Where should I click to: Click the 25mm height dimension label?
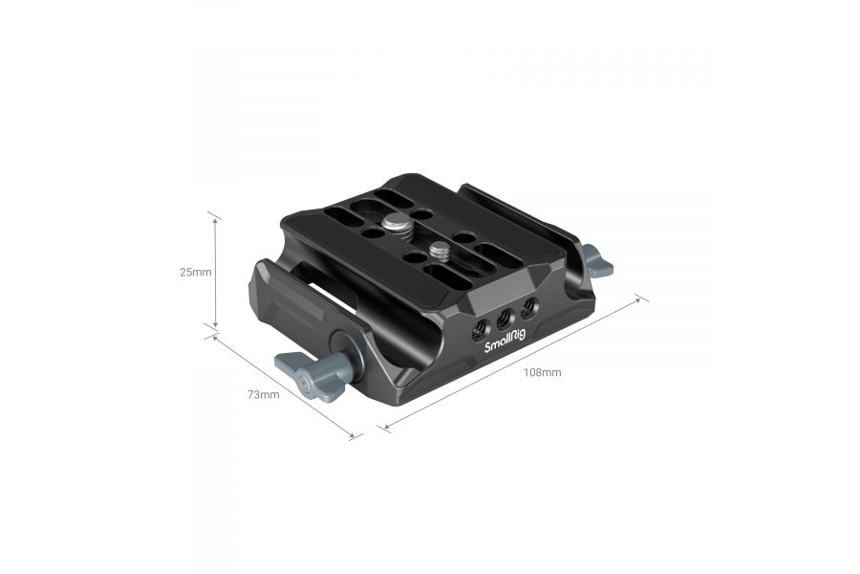point(195,272)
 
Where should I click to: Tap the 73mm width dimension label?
point(263,394)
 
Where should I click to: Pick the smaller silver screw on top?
point(440,252)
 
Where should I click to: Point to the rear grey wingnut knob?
point(597,260)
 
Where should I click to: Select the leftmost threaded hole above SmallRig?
point(479,331)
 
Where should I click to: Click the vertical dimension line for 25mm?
point(216,272)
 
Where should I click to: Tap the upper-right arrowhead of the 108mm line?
point(639,300)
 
